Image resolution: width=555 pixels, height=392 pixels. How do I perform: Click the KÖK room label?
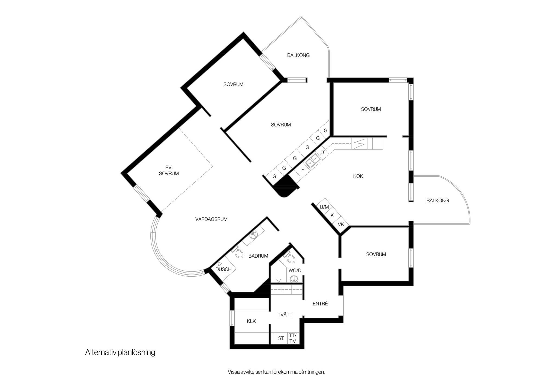coord(358,176)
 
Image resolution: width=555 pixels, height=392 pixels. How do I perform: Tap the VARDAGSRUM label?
coord(211,219)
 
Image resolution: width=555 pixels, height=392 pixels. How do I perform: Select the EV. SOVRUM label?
coord(169,171)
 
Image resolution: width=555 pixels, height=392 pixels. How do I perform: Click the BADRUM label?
coord(258,256)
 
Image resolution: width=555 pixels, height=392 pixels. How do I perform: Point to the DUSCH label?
coord(224,269)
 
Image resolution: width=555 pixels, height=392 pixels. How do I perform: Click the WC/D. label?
coord(295,271)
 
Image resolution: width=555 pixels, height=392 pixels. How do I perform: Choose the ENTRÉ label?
coord(320,304)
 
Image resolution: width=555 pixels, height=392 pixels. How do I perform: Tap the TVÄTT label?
coord(285,315)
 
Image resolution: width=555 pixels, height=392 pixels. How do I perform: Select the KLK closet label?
coord(251,321)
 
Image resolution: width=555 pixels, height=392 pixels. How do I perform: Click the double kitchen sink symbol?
coord(312,161)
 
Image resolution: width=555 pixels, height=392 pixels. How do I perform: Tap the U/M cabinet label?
coord(324,207)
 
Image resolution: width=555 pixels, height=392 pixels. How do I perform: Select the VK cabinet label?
coord(341,225)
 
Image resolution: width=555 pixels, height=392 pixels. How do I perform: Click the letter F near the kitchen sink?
coord(303,170)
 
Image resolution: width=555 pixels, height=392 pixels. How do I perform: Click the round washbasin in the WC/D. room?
coord(294,279)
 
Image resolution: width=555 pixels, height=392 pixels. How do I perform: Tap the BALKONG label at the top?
coord(298,55)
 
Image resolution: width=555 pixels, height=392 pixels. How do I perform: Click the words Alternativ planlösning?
coord(120,352)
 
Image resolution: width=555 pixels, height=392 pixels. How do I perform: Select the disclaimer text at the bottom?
coord(276,372)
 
